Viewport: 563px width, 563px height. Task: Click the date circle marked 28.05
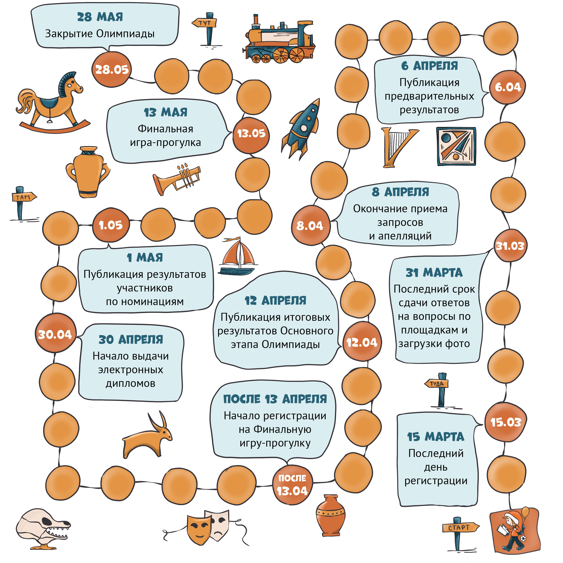tap(112, 70)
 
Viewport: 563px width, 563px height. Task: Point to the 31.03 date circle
tap(511, 246)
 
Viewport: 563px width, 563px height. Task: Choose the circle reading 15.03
tap(506, 422)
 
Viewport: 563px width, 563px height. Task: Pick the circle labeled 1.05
tap(111, 225)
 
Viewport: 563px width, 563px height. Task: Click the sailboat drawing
tap(237, 256)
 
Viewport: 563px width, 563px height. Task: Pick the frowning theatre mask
tap(219, 525)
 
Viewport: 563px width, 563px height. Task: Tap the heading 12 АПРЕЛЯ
tap(276, 300)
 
